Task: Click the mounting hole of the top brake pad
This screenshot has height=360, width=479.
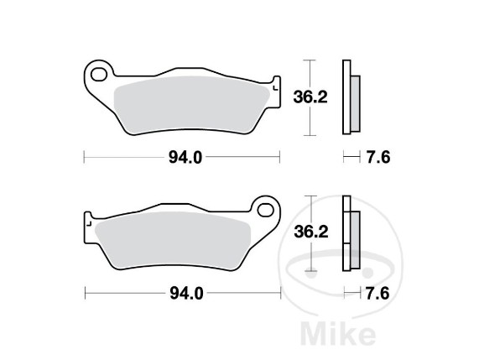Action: point(99,75)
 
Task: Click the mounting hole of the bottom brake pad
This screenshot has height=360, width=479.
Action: point(265,210)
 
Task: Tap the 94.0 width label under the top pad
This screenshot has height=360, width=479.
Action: point(185,158)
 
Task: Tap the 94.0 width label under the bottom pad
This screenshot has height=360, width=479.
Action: point(186,294)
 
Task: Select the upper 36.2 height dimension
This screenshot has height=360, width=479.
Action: point(310,97)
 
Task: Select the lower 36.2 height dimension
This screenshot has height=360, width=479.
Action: point(311,232)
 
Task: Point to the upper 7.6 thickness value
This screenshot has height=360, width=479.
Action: point(378,158)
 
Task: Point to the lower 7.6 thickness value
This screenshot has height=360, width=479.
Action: point(377,294)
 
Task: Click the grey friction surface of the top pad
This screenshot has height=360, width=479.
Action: point(192,105)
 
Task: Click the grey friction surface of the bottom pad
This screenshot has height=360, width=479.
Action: point(173,241)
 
